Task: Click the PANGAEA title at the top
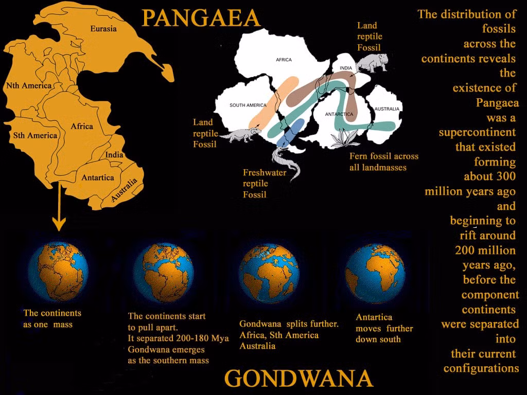201,19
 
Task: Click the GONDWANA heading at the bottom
298,379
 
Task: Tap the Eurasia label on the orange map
103,28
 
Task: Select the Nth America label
28,85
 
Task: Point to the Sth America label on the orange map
35,135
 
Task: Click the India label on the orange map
114,155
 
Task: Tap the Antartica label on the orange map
97,177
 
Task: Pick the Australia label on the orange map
125,189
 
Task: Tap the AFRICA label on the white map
284,60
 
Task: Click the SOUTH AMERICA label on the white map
248,105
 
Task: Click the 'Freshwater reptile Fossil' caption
264,184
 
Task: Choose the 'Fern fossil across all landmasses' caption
384,161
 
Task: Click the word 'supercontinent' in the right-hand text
477,132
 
